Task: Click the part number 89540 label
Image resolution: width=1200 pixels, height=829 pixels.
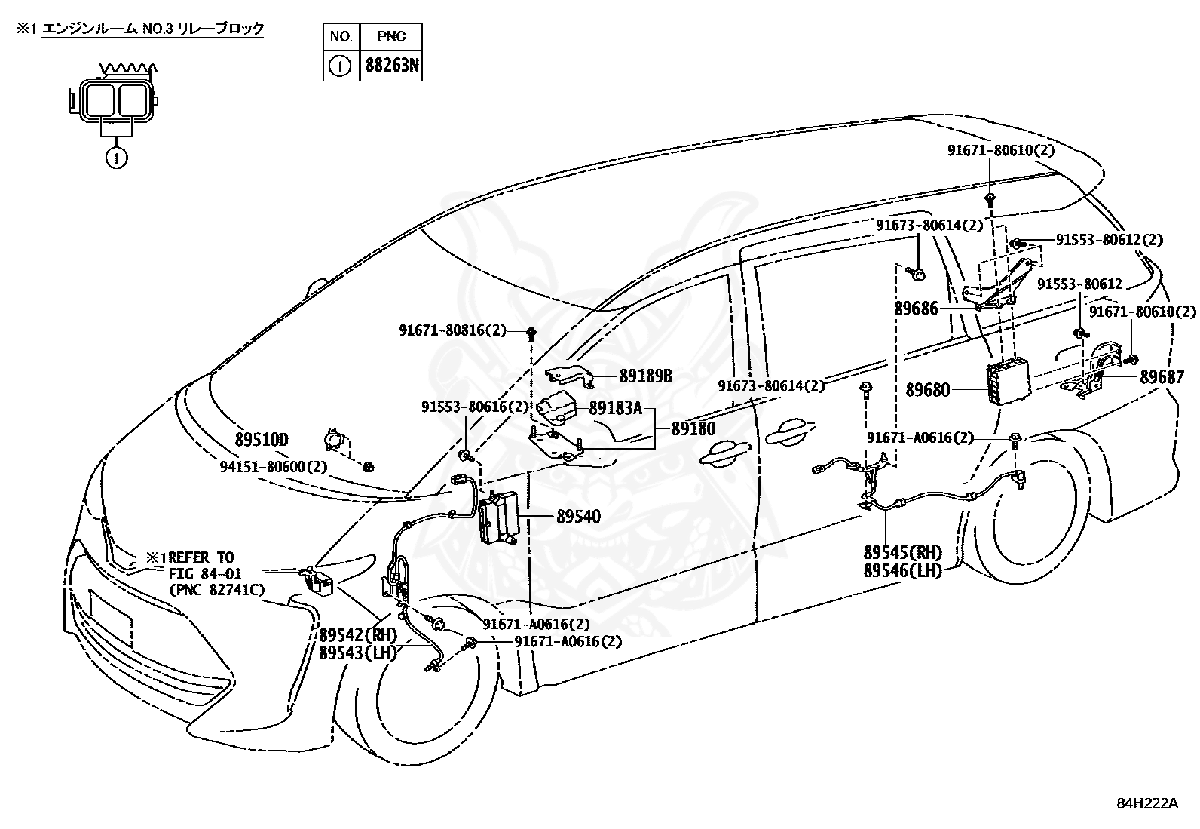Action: [x=578, y=517]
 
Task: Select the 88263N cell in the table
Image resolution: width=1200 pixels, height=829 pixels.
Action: [x=391, y=66]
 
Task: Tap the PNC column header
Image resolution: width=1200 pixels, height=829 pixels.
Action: [x=391, y=36]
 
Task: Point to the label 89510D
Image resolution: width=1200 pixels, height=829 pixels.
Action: [x=262, y=440]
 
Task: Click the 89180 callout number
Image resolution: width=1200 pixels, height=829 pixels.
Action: [x=693, y=428]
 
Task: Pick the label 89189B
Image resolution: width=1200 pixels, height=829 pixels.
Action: [x=645, y=376]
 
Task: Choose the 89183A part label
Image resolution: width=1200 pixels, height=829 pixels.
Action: [x=615, y=408]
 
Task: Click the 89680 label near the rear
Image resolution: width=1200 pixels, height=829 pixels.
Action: [x=927, y=390]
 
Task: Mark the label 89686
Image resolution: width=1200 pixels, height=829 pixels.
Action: [x=917, y=308]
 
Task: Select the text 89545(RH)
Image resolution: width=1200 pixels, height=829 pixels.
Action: [x=903, y=553]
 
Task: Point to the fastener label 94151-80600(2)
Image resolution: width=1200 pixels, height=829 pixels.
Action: [x=273, y=467]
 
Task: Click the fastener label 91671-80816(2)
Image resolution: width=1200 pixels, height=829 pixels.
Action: [x=452, y=330]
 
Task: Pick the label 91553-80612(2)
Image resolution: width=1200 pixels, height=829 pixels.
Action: [x=1109, y=240]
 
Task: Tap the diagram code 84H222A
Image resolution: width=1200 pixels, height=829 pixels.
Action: [x=1146, y=803]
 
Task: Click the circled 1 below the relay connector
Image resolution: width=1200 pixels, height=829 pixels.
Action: [x=116, y=158]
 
